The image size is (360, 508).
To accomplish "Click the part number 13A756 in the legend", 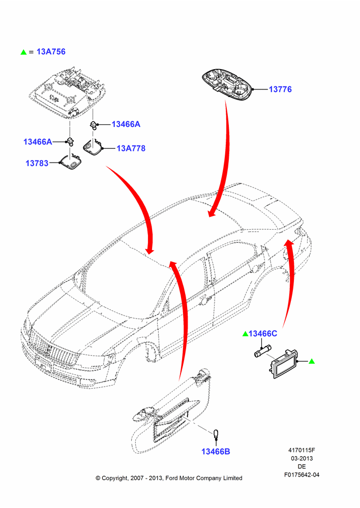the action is pos(51,51).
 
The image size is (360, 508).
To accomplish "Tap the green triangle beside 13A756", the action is pos(23,52).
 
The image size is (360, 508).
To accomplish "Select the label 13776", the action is pos(280,89).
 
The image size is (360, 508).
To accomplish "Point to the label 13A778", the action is pos(131,148).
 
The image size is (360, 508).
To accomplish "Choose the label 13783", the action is pos(37,163).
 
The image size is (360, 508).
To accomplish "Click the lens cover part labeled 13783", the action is pos(70,162).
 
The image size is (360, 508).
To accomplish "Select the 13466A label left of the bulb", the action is pos(38,142).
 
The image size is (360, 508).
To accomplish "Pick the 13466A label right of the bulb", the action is pos(126,124).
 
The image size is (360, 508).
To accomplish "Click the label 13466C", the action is pos(263,333).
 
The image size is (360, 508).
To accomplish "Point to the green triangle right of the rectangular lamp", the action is pos(312,361).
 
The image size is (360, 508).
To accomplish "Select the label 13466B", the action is pos(216,452).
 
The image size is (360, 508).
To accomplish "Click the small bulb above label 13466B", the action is pos(216,433).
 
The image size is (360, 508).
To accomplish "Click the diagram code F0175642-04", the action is pos(302,474).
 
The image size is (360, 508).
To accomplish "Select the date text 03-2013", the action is pos(302,458).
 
